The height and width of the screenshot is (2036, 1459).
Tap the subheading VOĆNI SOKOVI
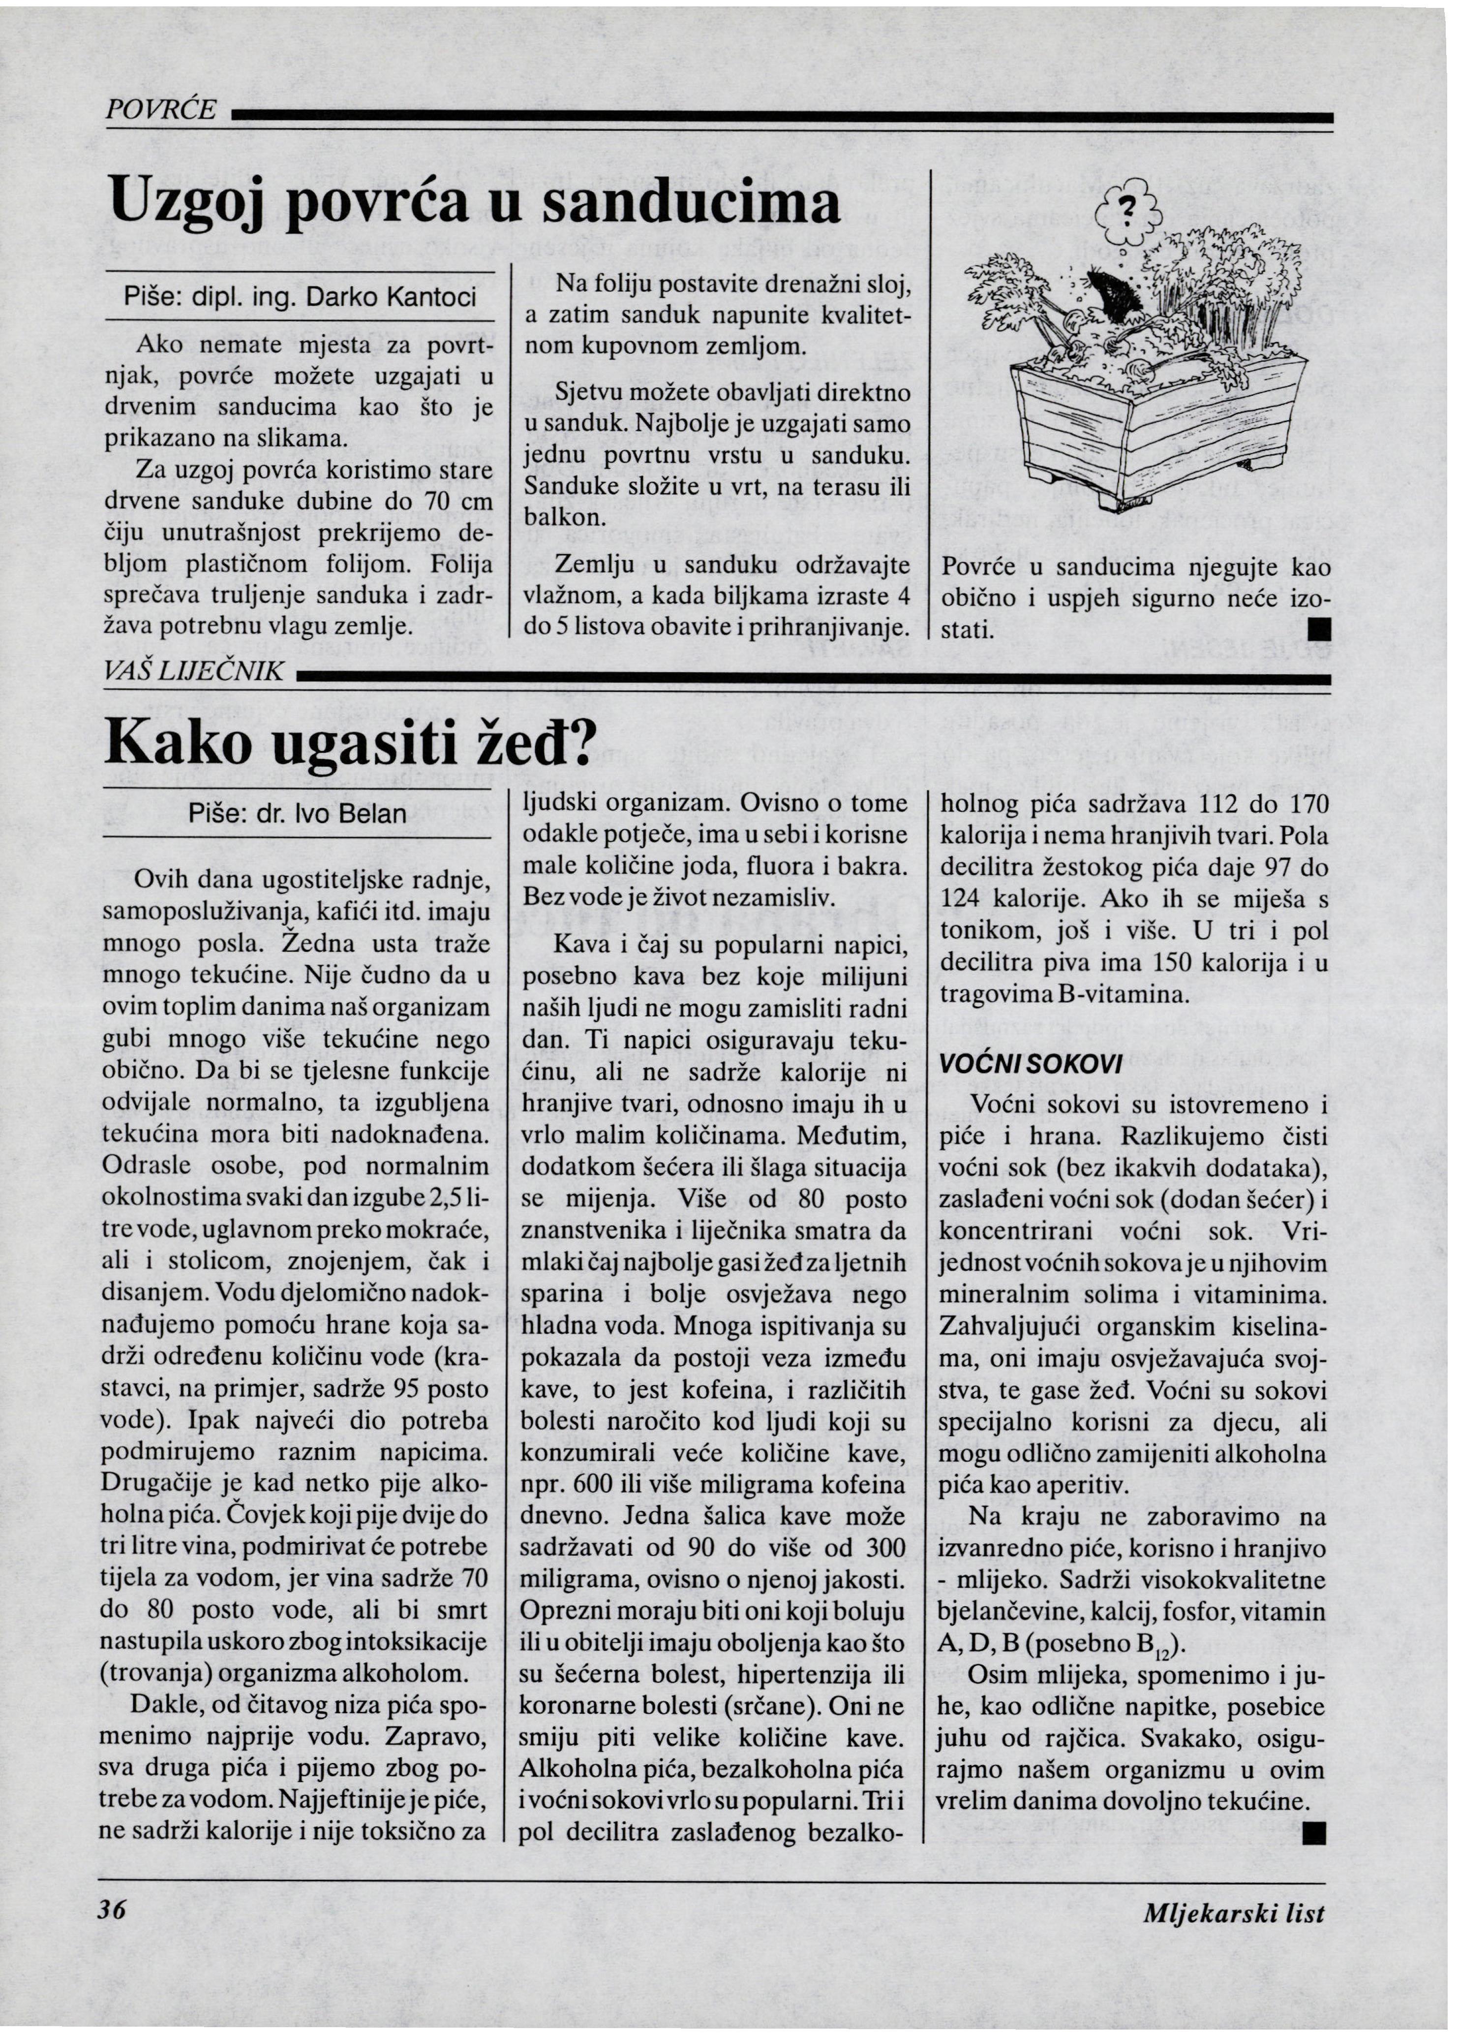pos(1030,1063)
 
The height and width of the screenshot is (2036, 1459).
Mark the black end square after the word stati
pos(1319,629)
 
